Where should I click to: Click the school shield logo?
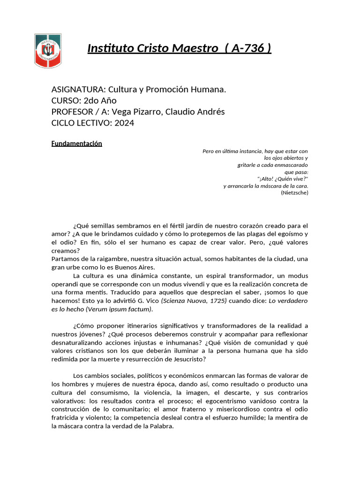48,51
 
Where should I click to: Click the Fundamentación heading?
76,143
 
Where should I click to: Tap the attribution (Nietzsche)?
294,193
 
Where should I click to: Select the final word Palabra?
161,426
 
